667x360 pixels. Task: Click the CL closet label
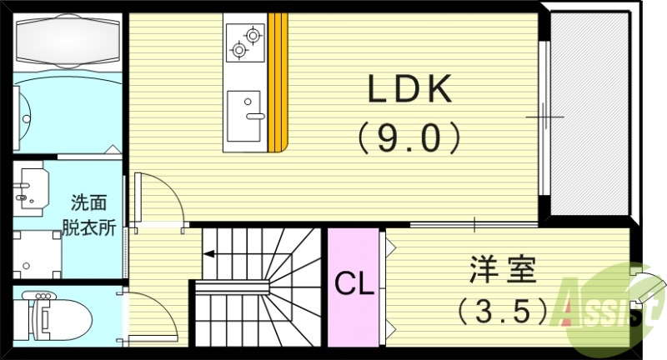click(355, 284)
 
